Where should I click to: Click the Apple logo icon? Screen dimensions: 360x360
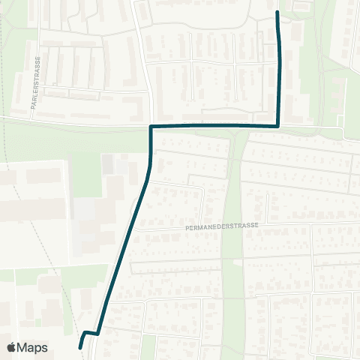[x=12, y=347]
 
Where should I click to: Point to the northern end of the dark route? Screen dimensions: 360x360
[x=278, y=13]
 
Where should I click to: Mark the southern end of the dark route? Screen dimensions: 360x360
[x=80, y=346]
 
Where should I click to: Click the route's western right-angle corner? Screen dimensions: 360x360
[x=151, y=127]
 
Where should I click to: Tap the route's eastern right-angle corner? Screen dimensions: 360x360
[x=279, y=125]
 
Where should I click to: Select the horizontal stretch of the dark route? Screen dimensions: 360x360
[x=217, y=126]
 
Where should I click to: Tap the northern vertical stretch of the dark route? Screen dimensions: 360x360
[x=280, y=67]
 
